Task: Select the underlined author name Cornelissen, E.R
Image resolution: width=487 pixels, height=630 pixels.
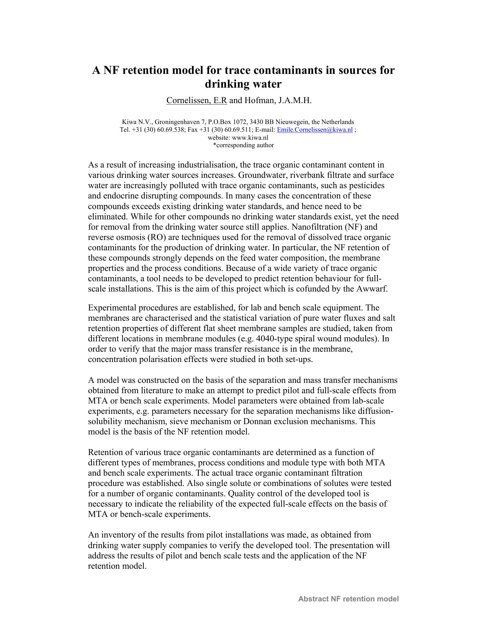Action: (197, 101)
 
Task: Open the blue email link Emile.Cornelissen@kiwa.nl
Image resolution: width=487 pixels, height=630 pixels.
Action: (315, 130)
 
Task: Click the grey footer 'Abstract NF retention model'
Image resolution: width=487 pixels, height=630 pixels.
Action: (348, 599)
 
